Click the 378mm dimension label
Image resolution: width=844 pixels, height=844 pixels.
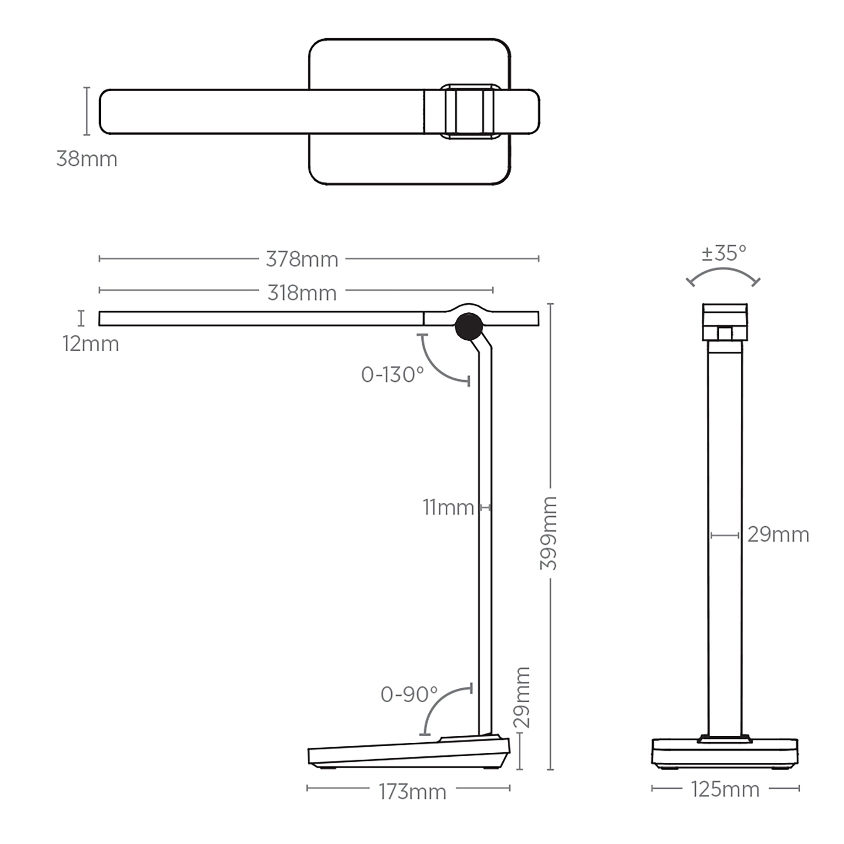(302, 260)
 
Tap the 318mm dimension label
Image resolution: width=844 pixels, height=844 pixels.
(302, 293)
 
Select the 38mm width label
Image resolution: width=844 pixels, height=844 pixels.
(87, 159)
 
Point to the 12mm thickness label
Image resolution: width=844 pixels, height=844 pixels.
(90, 344)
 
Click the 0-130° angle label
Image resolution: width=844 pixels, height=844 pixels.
(392, 375)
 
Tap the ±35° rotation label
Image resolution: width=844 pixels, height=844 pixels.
(724, 253)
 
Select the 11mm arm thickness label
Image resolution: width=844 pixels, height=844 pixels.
(448, 508)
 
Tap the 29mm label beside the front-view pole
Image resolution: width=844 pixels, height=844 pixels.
(778, 535)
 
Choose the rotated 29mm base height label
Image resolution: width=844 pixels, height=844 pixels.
(522, 698)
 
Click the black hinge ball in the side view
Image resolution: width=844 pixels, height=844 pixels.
(469, 327)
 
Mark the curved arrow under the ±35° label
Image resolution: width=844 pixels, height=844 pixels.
(723, 273)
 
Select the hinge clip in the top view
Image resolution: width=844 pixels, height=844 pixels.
(470, 111)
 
